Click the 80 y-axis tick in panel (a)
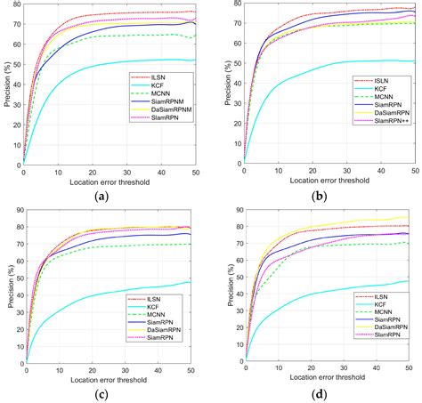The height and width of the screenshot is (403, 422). [15, 4]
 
